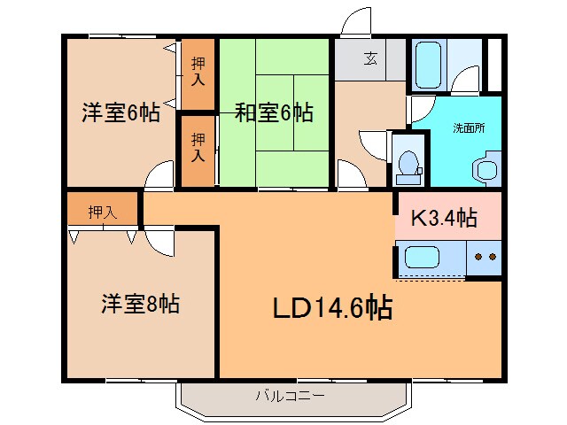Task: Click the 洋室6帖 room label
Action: pos(120,112)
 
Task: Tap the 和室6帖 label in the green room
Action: pos(273,112)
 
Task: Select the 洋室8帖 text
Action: pos(139,304)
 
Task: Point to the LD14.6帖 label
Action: pos(331,307)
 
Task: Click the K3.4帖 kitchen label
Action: pos(445,218)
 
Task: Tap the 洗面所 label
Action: pos(469,127)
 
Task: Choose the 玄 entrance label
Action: pos(370,60)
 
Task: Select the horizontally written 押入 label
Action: pos(102,212)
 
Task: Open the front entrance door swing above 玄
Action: pos(357,23)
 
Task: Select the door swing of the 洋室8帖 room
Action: pos(159,240)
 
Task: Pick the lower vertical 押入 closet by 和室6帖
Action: pos(198,150)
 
